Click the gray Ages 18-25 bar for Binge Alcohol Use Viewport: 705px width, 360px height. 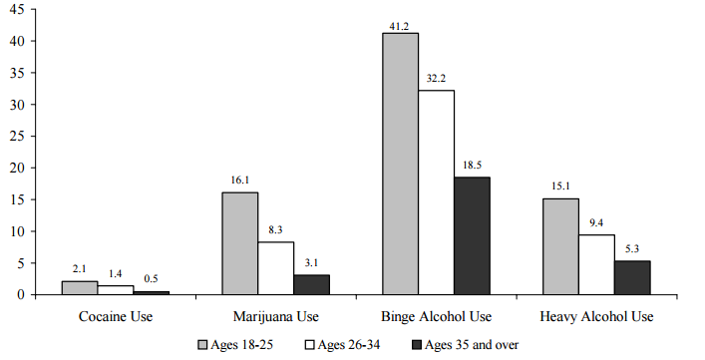399,164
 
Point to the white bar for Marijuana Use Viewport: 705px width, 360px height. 275,267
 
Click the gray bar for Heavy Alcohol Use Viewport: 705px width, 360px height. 559,246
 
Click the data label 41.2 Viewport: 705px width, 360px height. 399,25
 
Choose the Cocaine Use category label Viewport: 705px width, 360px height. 114,317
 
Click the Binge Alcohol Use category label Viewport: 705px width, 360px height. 436,317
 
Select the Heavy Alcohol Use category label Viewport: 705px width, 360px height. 596,317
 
